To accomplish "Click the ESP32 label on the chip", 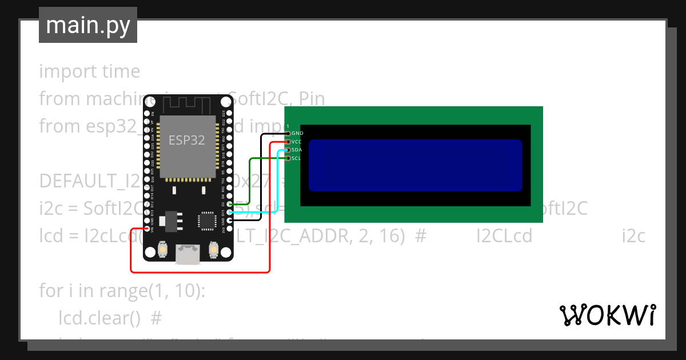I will [186, 141].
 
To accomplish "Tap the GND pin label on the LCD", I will [297, 133].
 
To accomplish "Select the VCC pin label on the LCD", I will [297, 141].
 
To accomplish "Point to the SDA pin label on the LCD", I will [297, 150].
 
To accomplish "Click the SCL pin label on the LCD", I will [297, 158].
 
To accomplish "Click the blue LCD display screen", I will [415, 165].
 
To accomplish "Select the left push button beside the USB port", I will [162, 250].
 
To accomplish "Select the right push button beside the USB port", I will [213, 250].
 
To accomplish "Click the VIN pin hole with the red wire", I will [147, 229].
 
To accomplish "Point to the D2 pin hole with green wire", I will [229, 204].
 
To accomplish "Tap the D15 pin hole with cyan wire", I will [229, 212].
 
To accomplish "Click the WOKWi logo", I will [607, 315].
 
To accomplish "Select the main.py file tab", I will [88, 25].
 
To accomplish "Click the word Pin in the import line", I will [312, 99].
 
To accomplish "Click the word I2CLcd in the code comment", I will [504, 236].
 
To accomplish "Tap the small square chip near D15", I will [205, 219].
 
